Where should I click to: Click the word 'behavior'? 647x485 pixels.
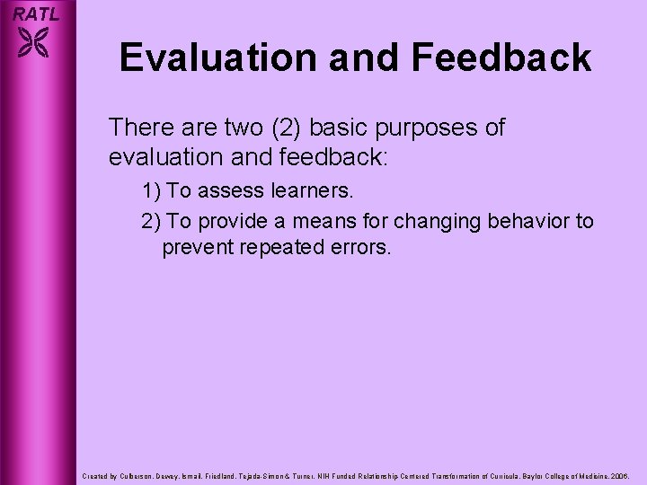click(x=522, y=221)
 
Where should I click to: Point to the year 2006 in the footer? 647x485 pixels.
click(x=621, y=473)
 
